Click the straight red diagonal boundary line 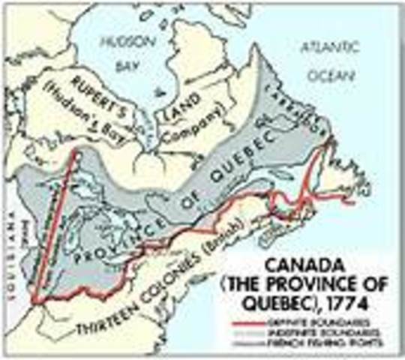tap(57, 225)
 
